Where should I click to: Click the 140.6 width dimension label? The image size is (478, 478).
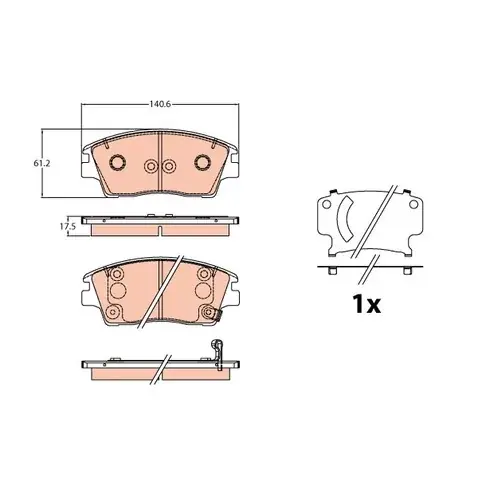point(160,104)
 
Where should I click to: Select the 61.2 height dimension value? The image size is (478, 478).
point(39,164)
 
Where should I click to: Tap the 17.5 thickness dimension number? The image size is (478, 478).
point(67,226)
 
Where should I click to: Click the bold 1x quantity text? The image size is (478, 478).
point(367,304)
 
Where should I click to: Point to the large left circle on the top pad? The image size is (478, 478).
point(118,162)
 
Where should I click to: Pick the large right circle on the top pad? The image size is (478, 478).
point(202,162)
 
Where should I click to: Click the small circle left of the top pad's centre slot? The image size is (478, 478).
point(151,166)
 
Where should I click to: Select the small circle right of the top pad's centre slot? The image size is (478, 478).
point(169,166)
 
